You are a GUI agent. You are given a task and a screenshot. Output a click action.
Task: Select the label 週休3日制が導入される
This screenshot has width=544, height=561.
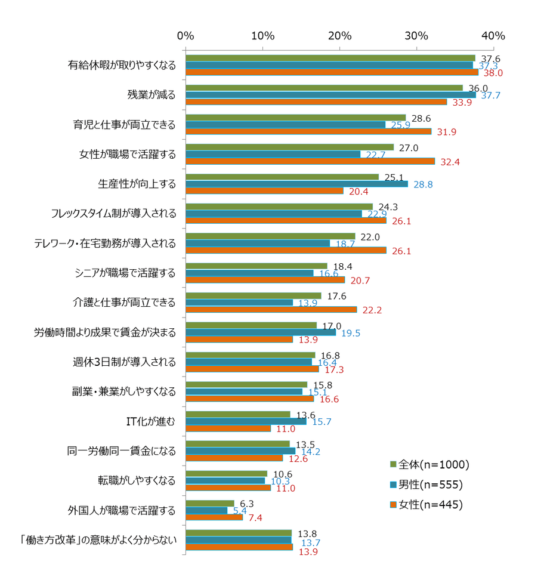tap(132, 362)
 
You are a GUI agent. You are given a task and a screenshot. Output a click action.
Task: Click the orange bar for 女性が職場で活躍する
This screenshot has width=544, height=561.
tap(310, 162)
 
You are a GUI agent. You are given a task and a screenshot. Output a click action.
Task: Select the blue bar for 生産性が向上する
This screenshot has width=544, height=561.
tap(296, 184)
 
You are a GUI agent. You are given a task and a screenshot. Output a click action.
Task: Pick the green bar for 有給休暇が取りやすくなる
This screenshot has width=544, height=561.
tap(330, 58)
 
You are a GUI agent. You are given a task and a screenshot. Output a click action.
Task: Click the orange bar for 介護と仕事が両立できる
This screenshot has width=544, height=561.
tap(271, 310)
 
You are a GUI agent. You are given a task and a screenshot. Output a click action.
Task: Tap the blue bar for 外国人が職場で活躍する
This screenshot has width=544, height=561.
tap(206, 510)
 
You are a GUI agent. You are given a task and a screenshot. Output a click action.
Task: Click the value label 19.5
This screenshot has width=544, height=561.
tap(350, 333)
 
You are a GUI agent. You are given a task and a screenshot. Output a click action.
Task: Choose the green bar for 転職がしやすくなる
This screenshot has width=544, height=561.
tap(226, 473)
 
